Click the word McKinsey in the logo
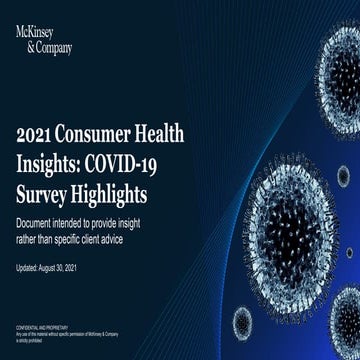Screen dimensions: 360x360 (36, 31)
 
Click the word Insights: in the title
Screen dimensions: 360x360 (54, 161)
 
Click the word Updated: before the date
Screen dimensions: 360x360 (31, 268)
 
